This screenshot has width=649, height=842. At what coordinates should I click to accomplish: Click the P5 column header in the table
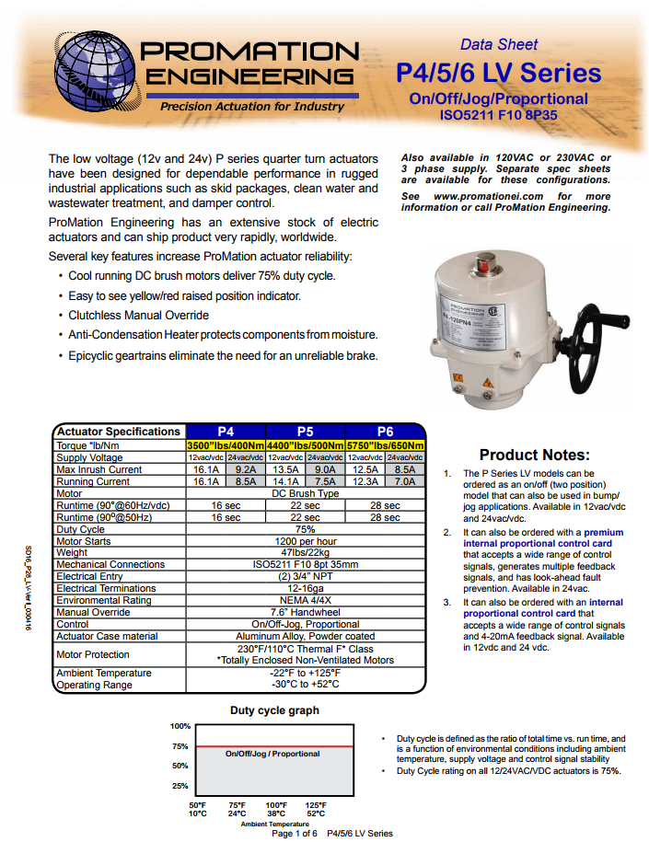pos(305,432)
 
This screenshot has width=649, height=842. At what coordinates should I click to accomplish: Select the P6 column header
pos(385,432)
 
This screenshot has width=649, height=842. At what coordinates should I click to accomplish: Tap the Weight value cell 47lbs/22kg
pos(305,552)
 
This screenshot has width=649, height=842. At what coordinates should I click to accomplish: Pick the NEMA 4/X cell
pos(305,600)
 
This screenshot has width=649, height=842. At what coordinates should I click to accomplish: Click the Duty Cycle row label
pos(81,529)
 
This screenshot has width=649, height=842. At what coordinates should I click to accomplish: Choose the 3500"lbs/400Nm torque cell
pos(225,445)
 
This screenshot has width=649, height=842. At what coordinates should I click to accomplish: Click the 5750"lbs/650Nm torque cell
pos(385,445)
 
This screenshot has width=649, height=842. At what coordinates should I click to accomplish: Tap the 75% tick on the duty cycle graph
pos(180,746)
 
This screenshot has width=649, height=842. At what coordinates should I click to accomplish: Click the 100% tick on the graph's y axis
pos(180,726)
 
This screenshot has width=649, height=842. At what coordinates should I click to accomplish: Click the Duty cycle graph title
pos(274,710)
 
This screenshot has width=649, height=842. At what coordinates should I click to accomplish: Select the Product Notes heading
pos(534,455)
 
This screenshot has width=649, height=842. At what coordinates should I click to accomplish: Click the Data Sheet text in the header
pos(499,44)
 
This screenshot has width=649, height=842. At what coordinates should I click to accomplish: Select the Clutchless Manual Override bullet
pos(138,316)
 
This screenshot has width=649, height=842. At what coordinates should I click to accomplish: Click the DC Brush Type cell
pos(305,493)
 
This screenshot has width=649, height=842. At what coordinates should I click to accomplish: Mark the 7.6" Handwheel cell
pos(305,612)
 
